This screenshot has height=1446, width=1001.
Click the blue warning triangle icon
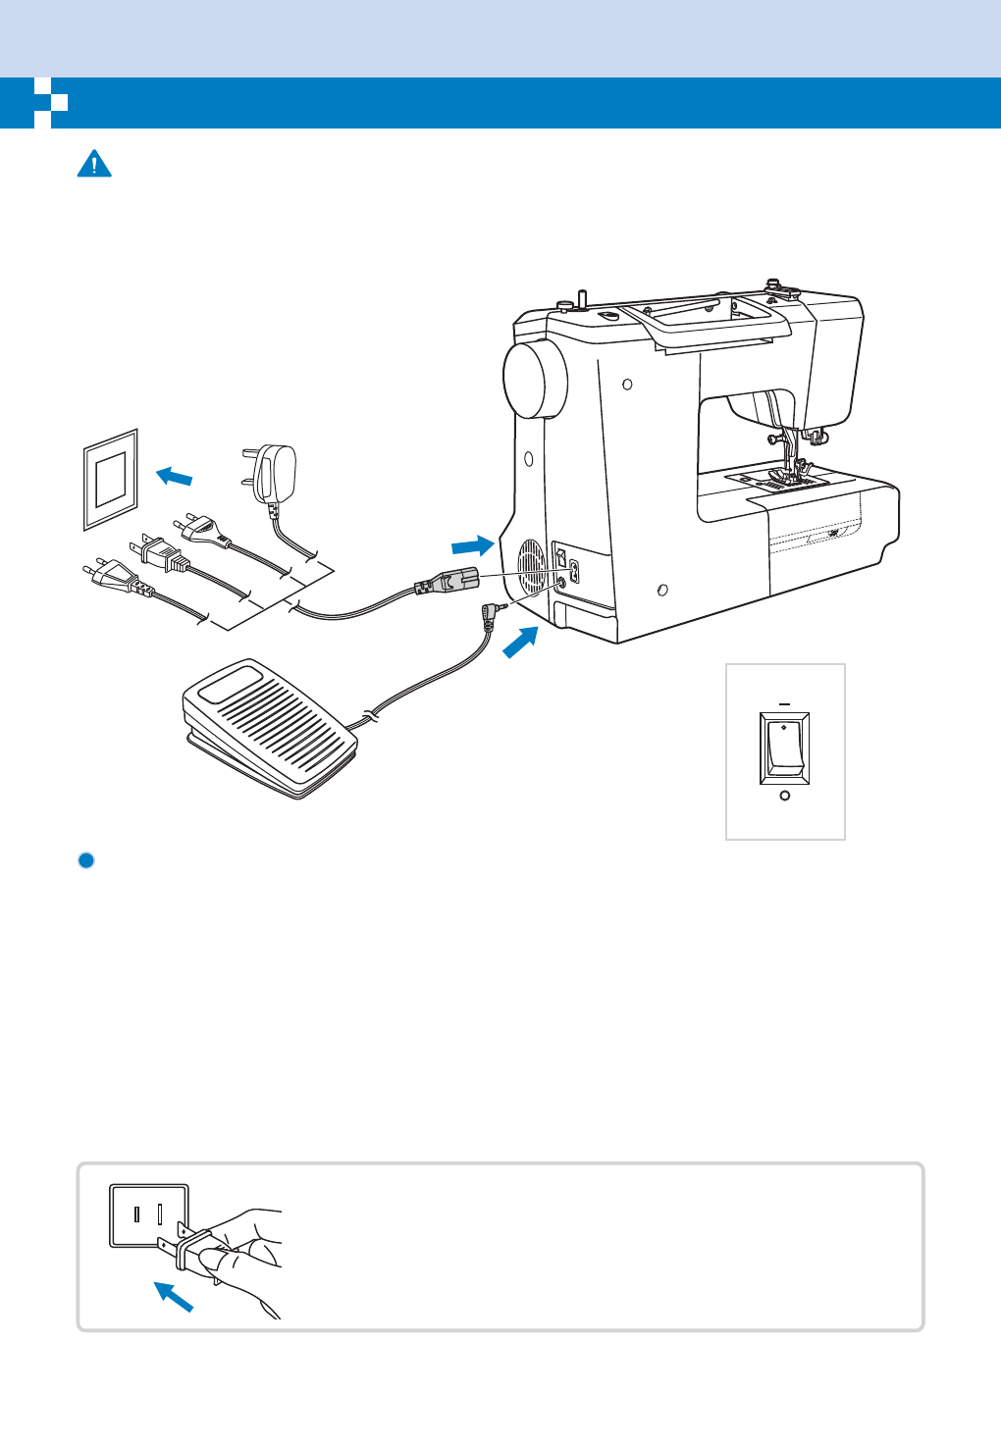[94, 164]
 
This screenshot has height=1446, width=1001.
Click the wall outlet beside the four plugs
[110, 479]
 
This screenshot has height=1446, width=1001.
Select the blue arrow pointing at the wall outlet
[175, 477]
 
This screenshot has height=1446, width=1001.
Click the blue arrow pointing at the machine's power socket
[472, 544]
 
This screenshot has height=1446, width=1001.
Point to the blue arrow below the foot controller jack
[521, 643]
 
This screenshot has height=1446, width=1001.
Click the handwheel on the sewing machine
[534, 381]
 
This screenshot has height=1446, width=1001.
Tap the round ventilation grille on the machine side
[531, 568]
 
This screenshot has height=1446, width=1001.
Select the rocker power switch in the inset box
[784, 749]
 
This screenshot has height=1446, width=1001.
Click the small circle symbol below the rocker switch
[784, 796]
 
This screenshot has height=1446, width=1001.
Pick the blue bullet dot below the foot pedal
[85, 860]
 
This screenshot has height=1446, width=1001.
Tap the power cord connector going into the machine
[448, 582]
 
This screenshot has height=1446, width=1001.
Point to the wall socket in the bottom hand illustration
[148, 1215]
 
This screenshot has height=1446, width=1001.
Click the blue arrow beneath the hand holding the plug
[174, 1297]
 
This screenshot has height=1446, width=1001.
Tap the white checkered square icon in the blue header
[50, 102]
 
